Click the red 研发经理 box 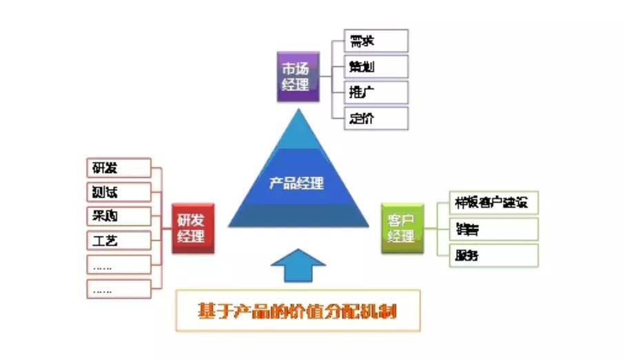(x=192, y=228)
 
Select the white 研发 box (x=119, y=168)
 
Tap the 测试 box (x=119, y=192)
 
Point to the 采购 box (x=119, y=216)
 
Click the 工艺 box (x=119, y=240)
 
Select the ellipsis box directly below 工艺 (x=119, y=264)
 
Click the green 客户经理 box (x=402, y=228)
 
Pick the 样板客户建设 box (x=493, y=203)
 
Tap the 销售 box (x=493, y=229)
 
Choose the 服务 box (x=493, y=255)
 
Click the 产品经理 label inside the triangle (x=296, y=183)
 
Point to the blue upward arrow (x=298, y=266)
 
